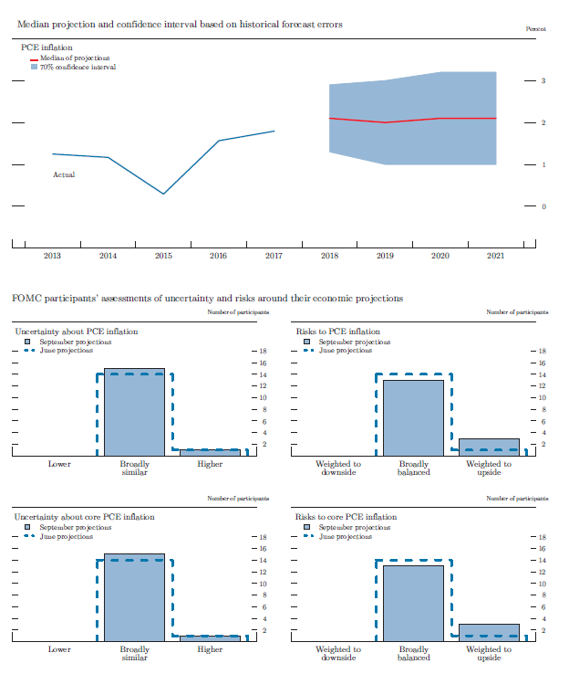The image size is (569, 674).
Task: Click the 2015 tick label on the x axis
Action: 163,257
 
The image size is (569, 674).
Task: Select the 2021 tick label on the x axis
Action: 495,257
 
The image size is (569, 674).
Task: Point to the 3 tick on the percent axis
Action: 543,81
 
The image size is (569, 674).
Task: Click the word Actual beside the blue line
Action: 64,174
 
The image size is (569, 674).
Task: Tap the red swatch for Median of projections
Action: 34,58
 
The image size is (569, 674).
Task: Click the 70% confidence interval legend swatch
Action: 34,67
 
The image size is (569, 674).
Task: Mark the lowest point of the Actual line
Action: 163,194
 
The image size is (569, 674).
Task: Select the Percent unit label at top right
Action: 536,29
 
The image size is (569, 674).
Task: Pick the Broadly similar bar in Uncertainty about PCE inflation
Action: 134,412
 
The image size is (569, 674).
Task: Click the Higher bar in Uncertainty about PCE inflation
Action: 209,452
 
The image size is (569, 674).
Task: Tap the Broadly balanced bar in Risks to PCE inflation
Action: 413,417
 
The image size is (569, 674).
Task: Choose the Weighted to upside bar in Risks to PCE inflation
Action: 489,447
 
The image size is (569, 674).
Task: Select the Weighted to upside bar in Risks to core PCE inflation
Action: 489,632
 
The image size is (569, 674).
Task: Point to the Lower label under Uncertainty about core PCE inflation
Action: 59,649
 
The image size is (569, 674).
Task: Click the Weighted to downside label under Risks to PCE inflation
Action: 338,469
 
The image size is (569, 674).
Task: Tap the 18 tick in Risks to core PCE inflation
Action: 543,536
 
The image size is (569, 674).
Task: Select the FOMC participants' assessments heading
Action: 207,299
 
